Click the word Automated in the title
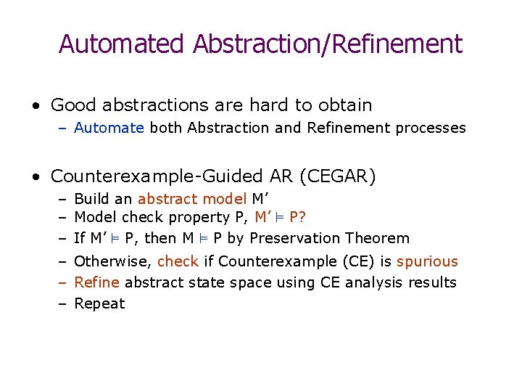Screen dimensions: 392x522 tap(122, 44)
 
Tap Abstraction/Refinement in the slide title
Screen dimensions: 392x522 tap(328, 44)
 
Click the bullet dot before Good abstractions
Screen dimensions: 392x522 tap(36, 106)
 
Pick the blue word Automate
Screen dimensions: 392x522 tap(109, 128)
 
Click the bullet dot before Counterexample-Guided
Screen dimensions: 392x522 tap(36, 177)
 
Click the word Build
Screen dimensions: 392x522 tap(91, 199)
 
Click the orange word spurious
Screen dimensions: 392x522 tap(428, 261)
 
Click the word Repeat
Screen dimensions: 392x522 tap(99, 303)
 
